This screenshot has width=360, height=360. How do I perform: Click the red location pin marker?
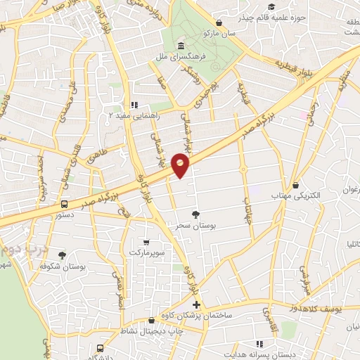[181, 164]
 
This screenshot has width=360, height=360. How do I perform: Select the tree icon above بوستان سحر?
[195, 214]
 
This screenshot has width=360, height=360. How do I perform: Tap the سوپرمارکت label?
[146, 252]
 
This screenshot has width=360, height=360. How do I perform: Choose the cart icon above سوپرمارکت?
[146, 241]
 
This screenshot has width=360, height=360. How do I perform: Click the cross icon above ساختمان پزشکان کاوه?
[196, 305]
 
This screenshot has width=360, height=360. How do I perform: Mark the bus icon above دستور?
[64, 205]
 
